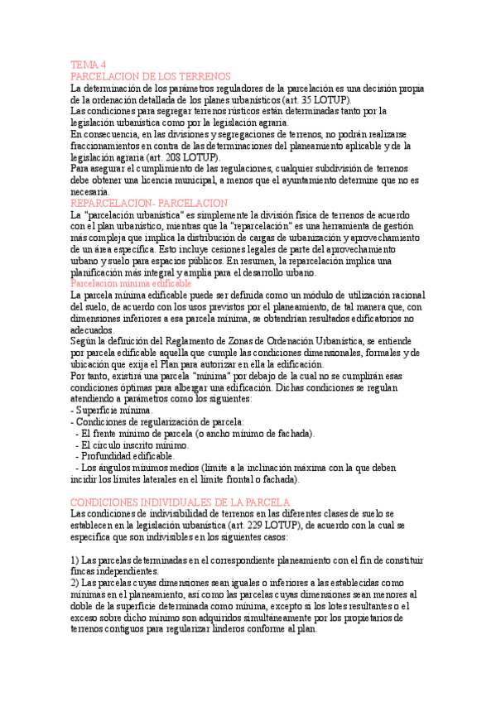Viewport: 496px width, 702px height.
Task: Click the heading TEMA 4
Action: click(x=89, y=65)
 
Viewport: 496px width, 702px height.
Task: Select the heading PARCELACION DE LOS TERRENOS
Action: click(x=146, y=76)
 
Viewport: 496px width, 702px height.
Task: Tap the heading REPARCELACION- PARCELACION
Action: click(x=149, y=203)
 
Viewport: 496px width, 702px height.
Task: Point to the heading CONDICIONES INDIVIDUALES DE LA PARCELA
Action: click(x=180, y=502)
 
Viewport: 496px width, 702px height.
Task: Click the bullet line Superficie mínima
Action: click(x=115, y=410)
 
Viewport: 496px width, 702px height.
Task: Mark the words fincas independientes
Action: click(x=114, y=571)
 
